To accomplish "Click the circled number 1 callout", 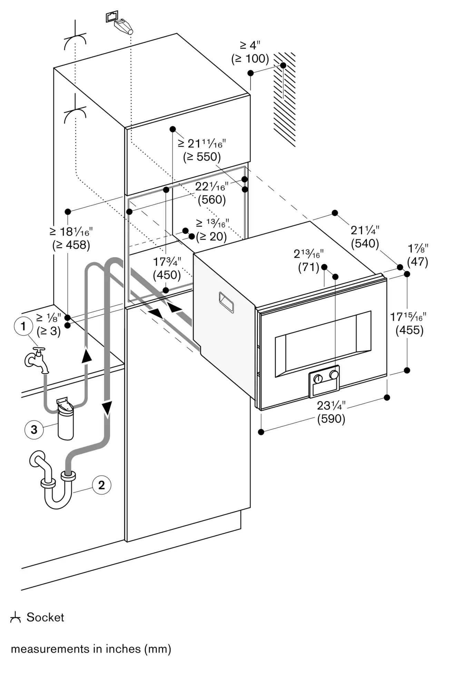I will pyautogui.click(x=23, y=326).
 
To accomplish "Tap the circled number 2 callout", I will pyautogui.click(x=101, y=485).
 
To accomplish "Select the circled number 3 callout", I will pyautogui.click(x=34, y=430).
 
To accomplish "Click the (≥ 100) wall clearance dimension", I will pyautogui.click(x=250, y=59).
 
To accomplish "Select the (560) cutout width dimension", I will pyautogui.click(x=212, y=200).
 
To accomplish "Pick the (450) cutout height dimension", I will pyautogui.click(x=167, y=275).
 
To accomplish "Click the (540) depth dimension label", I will pyautogui.click(x=365, y=244).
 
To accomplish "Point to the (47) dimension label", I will pyautogui.click(x=417, y=262).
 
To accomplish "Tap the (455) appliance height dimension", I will pyautogui.click(x=409, y=330).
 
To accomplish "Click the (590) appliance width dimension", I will pyautogui.click(x=331, y=419).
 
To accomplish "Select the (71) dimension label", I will pyautogui.click(x=308, y=267).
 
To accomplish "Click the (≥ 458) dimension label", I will pyautogui.click(x=71, y=245).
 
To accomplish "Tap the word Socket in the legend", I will pyautogui.click(x=45, y=617).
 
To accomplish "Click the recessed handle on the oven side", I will pyautogui.click(x=226, y=302).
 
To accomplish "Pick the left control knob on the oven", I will pyautogui.click(x=318, y=379).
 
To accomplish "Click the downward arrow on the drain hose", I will pyautogui.click(x=107, y=408).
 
